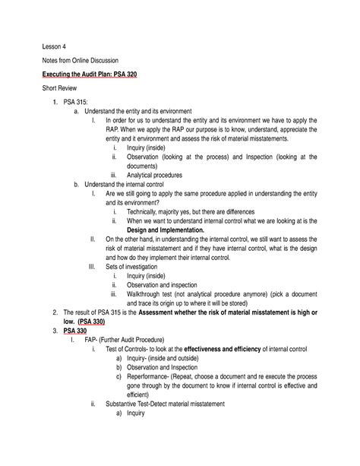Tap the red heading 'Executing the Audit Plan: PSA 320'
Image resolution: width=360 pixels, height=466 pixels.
95,77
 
